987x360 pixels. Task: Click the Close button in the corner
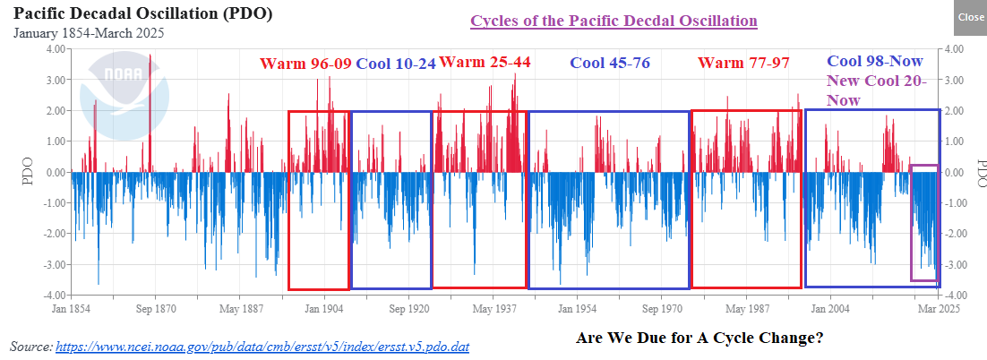[970, 18]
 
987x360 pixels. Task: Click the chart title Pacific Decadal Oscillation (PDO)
[143, 14]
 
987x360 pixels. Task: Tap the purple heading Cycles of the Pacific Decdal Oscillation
[614, 21]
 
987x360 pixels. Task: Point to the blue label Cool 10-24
[396, 64]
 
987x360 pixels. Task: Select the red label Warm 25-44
[484, 63]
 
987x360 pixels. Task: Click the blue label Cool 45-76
[610, 63]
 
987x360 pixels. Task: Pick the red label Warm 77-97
[743, 63]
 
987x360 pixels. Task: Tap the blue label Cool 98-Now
[874, 62]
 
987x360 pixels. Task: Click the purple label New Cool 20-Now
[882, 90]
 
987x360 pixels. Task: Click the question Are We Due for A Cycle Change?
[699, 339]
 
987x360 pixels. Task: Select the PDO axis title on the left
[27, 173]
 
